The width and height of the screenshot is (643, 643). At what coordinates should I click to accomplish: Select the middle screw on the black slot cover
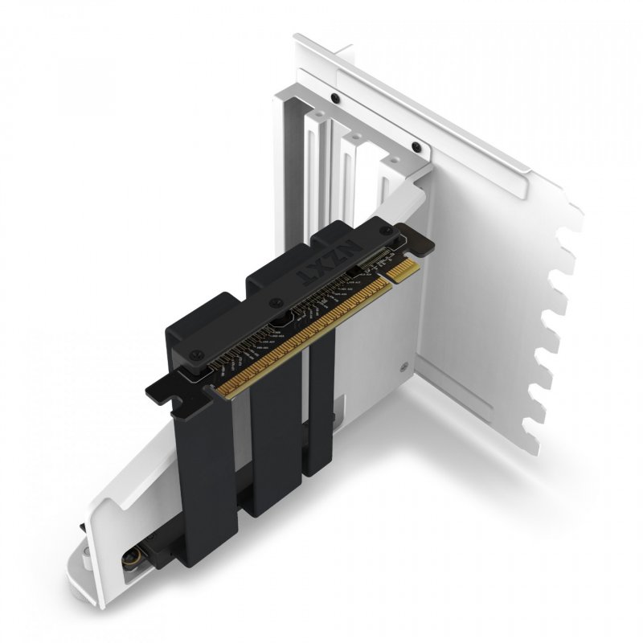[x=276, y=303]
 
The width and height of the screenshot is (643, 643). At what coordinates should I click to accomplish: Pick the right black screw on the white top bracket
[x=416, y=146]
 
